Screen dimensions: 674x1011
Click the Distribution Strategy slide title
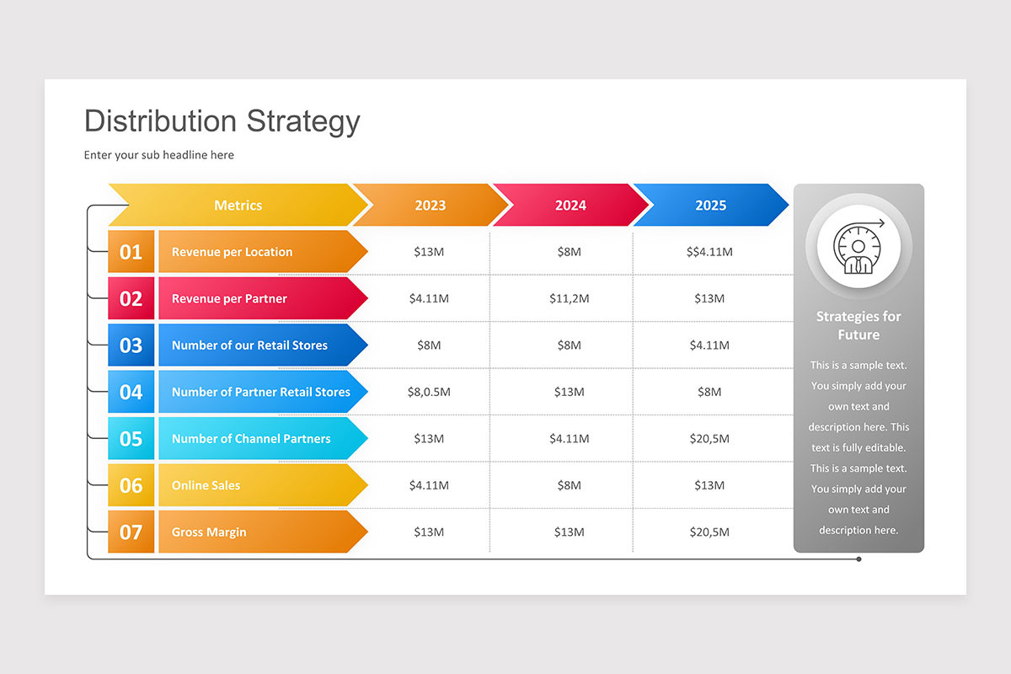tap(222, 121)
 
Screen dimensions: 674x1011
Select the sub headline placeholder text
tap(159, 155)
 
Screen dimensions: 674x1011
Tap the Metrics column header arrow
tap(238, 206)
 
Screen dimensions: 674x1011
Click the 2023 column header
tap(430, 206)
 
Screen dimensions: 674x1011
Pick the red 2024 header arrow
tap(570, 206)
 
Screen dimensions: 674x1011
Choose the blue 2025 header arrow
tap(710, 206)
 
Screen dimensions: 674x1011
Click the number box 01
tap(131, 252)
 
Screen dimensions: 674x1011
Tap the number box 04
tap(131, 392)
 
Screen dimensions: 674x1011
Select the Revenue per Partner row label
tap(229, 298)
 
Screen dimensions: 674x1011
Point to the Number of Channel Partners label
tap(251, 439)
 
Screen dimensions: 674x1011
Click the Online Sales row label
tap(206, 485)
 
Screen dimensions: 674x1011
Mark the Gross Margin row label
tap(209, 532)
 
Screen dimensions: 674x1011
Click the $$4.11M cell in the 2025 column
tap(709, 252)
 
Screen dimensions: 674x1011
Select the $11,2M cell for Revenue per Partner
tap(570, 298)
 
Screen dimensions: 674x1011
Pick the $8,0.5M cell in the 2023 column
tap(429, 392)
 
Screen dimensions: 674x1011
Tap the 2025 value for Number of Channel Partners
tap(709, 439)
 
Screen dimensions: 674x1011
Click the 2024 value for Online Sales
tap(570, 485)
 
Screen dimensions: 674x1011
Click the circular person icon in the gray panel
tap(859, 248)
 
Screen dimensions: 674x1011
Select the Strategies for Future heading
tap(859, 325)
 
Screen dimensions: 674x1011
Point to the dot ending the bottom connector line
tap(859, 559)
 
